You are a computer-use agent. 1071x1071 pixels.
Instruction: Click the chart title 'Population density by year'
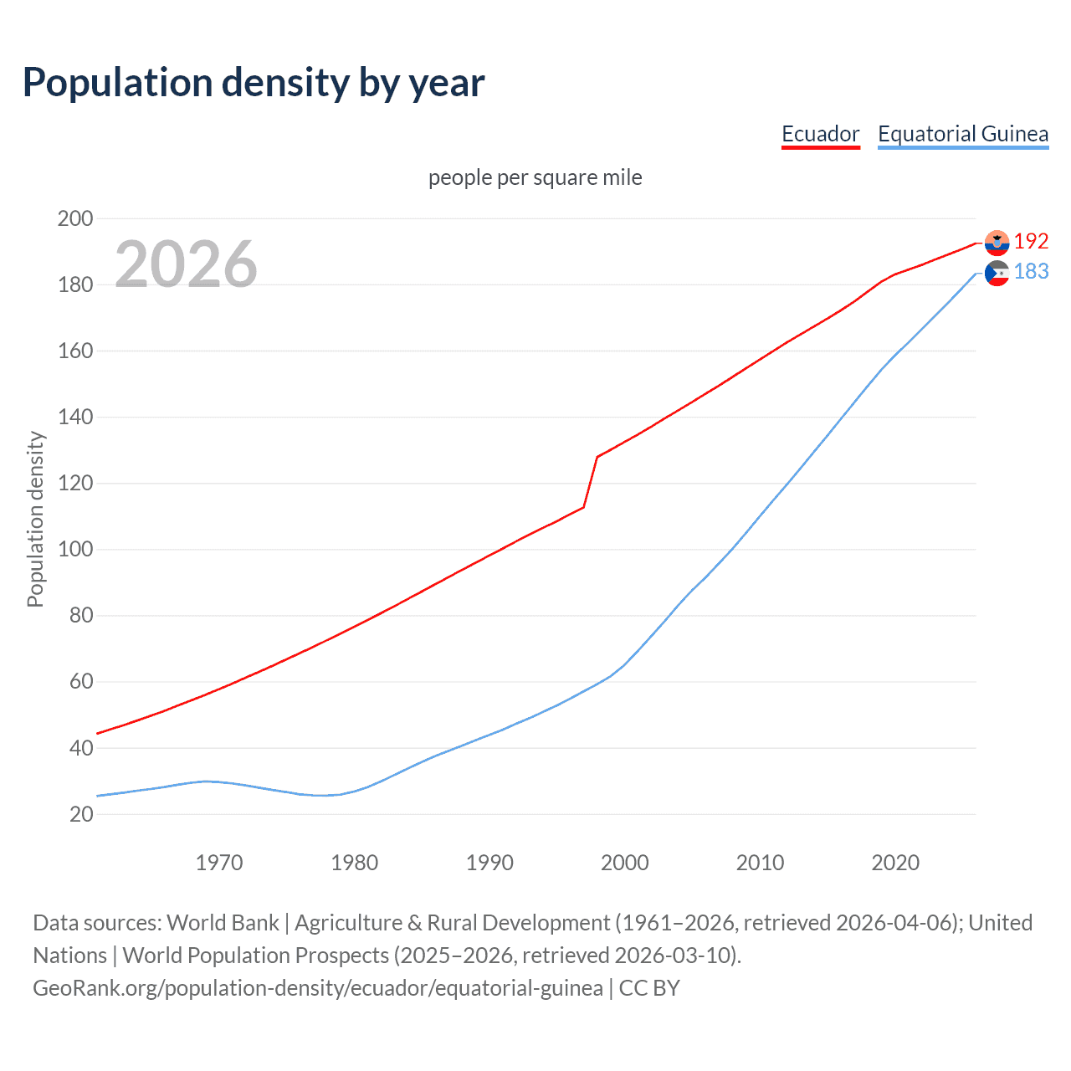pyautogui.click(x=254, y=83)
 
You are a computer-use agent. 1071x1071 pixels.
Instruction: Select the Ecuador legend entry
pyautogui.click(x=820, y=134)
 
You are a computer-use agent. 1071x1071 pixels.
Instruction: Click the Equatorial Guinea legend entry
pyautogui.click(x=962, y=134)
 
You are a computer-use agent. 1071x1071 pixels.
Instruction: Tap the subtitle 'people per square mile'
pyautogui.click(x=535, y=177)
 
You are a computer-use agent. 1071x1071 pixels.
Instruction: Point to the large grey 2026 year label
pyautogui.click(x=186, y=264)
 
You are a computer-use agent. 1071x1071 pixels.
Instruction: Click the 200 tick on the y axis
pyautogui.click(x=75, y=219)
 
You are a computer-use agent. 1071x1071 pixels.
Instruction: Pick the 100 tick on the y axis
pyautogui.click(x=75, y=550)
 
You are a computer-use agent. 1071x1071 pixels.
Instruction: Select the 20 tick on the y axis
pyautogui.click(x=81, y=814)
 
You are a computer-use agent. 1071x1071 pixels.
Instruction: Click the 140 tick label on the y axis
pyautogui.click(x=75, y=417)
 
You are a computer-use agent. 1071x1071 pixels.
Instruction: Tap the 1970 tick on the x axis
pyautogui.click(x=219, y=863)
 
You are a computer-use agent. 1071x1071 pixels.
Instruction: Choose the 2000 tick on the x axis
pyautogui.click(x=624, y=863)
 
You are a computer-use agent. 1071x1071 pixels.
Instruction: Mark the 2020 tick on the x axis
pyautogui.click(x=894, y=863)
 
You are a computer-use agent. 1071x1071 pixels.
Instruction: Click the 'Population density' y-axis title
pyautogui.click(x=35, y=519)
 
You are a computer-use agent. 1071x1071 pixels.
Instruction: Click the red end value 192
pyautogui.click(x=1031, y=242)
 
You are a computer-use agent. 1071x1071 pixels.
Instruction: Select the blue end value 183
pyautogui.click(x=1031, y=272)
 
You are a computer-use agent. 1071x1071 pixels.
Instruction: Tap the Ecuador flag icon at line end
pyautogui.click(x=997, y=243)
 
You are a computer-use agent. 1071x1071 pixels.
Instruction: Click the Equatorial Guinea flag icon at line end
pyautogui.click(x=997, y=273)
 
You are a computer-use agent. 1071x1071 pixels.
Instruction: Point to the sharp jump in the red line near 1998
pyautogui.click(x=591, y=481)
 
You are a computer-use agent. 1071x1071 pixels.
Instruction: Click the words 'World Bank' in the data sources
pyautogui.click(x=223, y=923)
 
